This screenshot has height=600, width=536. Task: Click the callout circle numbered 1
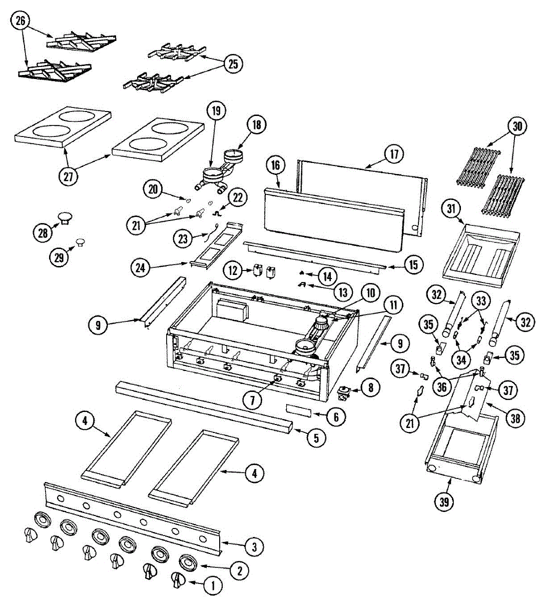(212, 584)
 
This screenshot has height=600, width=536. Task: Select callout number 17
(394, 154)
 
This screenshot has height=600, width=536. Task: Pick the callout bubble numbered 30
(517, 126)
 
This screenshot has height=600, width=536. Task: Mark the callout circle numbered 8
(370, 387)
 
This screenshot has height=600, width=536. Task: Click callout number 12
(232, 270)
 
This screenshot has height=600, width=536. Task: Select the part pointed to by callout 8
(344, 392)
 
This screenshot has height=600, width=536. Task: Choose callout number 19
(216, 111)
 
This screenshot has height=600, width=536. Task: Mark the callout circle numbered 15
(412, 265)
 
